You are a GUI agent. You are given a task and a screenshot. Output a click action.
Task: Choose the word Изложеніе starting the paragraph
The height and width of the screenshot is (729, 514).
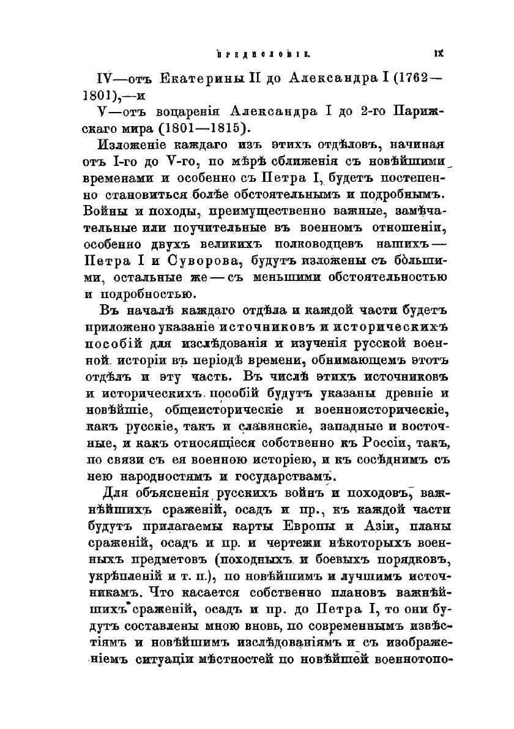[128, 146]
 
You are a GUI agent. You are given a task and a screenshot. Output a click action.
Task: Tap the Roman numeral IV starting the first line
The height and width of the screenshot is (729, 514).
[107, 78]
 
